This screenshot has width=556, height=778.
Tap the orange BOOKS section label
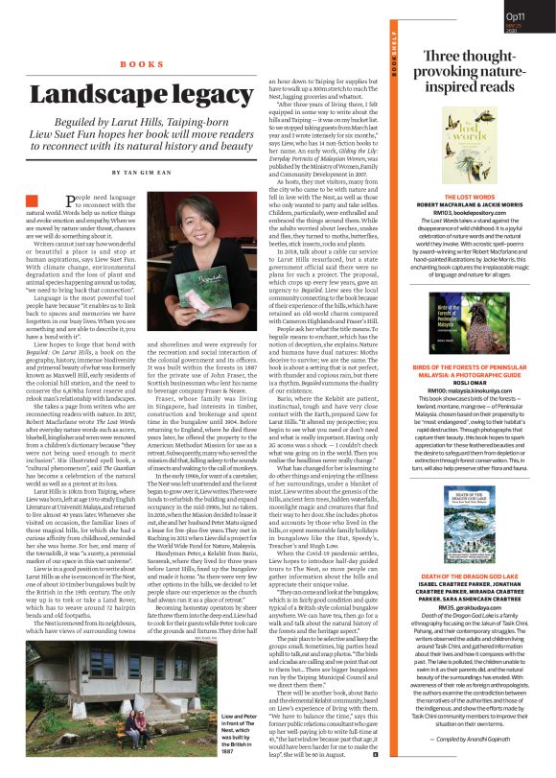(x=143, y=64)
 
